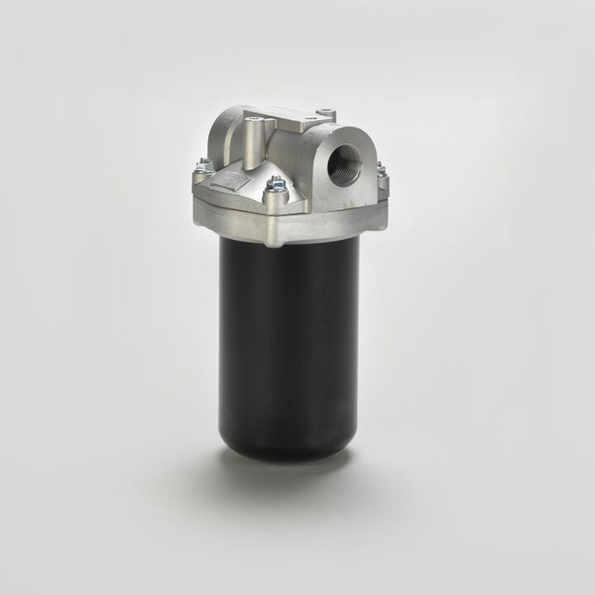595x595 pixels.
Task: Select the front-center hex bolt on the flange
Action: (x=274, y=186)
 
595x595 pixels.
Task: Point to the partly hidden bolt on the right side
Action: (x=380, y=170)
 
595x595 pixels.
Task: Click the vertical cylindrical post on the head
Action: (x=254, y=144)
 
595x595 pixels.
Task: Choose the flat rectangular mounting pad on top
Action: (x=289, y=117)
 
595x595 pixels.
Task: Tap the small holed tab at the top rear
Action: (x=325, y=114)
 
